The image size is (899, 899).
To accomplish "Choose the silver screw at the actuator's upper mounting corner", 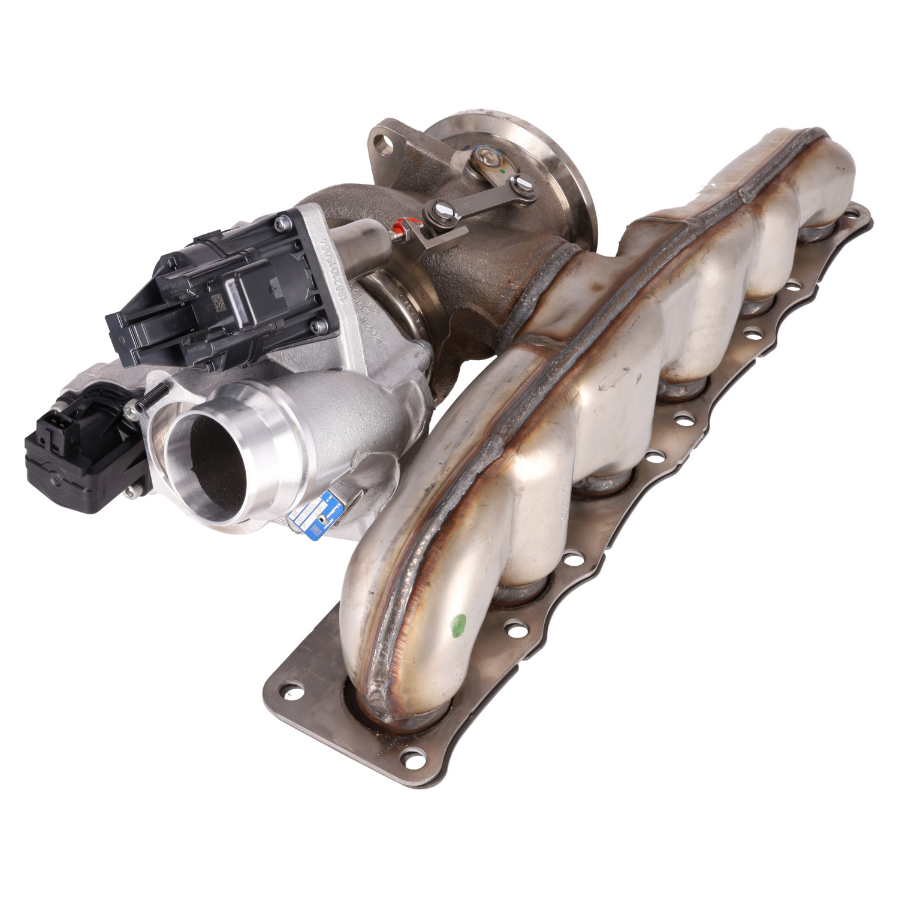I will (x=279, y=225).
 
